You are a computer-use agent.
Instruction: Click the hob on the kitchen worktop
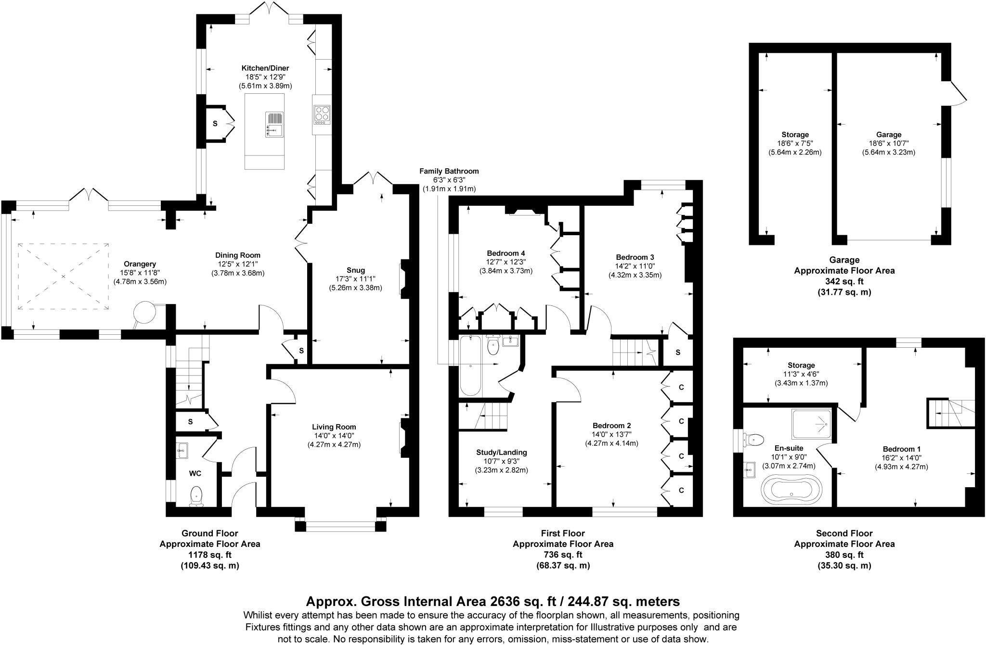click(322, 114)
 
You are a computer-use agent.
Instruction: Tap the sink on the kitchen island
click(274, 125)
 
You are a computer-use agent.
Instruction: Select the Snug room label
click(355, 270)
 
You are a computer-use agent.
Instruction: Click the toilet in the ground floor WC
click(196, 495)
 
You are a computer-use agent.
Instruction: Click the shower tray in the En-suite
click(811, 424)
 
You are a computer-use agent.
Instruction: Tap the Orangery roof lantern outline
click(63, 277)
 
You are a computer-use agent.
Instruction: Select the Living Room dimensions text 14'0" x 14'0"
click(334, 436)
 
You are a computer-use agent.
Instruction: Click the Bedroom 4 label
click(506, 253)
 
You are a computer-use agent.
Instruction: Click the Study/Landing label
click(501, 452)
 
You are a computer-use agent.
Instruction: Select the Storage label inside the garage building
click(795, 135)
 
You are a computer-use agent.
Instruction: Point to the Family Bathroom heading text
click(449, 171)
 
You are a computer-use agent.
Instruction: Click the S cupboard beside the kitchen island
click(215, 124)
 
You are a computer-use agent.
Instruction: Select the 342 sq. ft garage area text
click(844, 281)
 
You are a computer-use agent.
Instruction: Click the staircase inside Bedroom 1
click(950, 413)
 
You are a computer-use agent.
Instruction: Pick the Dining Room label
click(237, 255)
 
